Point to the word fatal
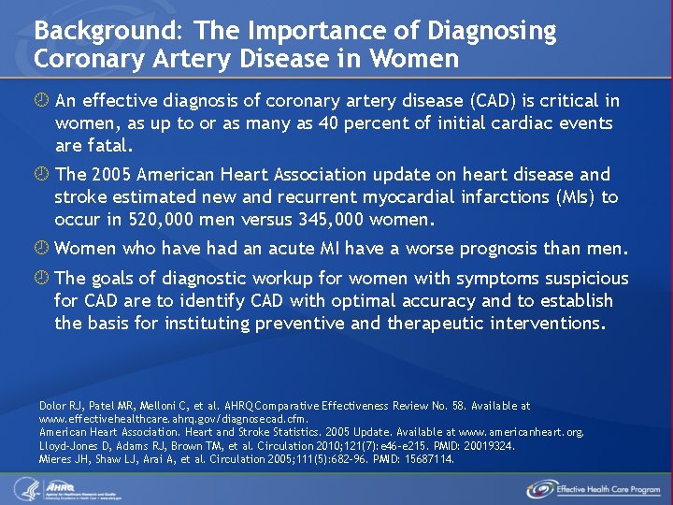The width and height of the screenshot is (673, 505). pyautogui.click(x=108, y=146)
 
